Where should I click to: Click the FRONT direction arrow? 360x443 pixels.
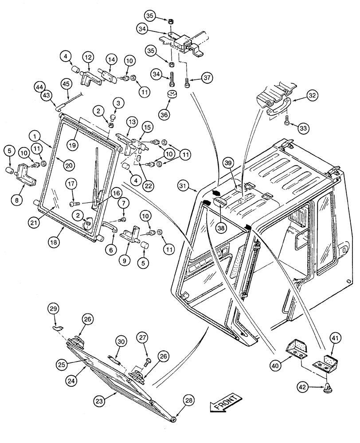pos(226,402)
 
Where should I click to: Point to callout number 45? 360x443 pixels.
pos(66,83)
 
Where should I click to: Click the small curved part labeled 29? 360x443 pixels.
pos(56,327)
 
